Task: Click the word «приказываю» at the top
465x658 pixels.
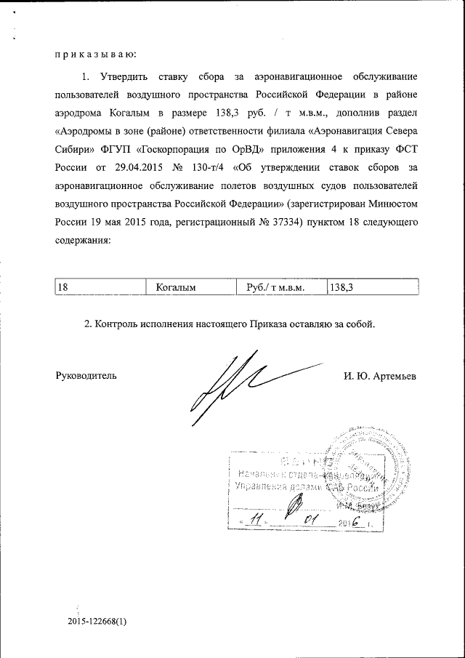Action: [95, 53]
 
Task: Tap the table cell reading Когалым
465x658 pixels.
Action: [191, 287]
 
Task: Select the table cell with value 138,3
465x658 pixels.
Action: [372, 287]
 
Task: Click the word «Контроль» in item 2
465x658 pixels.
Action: [117, 324]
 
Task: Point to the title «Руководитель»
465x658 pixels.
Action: [86, 376]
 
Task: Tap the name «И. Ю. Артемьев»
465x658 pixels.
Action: [381, 376]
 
